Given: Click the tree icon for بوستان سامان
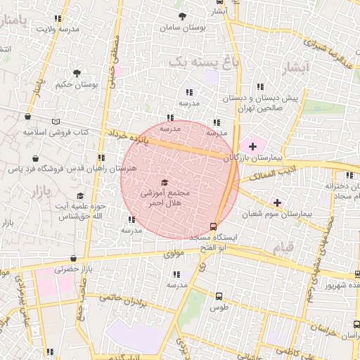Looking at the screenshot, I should (183, 15).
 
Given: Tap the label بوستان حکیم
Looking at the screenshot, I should (77, 84).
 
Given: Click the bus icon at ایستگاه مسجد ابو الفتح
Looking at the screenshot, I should (214, 226).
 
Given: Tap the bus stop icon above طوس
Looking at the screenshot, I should (219, 296).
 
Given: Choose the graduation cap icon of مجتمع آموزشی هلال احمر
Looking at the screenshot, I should (165, 184).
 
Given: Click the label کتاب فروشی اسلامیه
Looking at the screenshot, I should (56, 131).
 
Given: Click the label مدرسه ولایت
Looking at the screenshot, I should (57, 29).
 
